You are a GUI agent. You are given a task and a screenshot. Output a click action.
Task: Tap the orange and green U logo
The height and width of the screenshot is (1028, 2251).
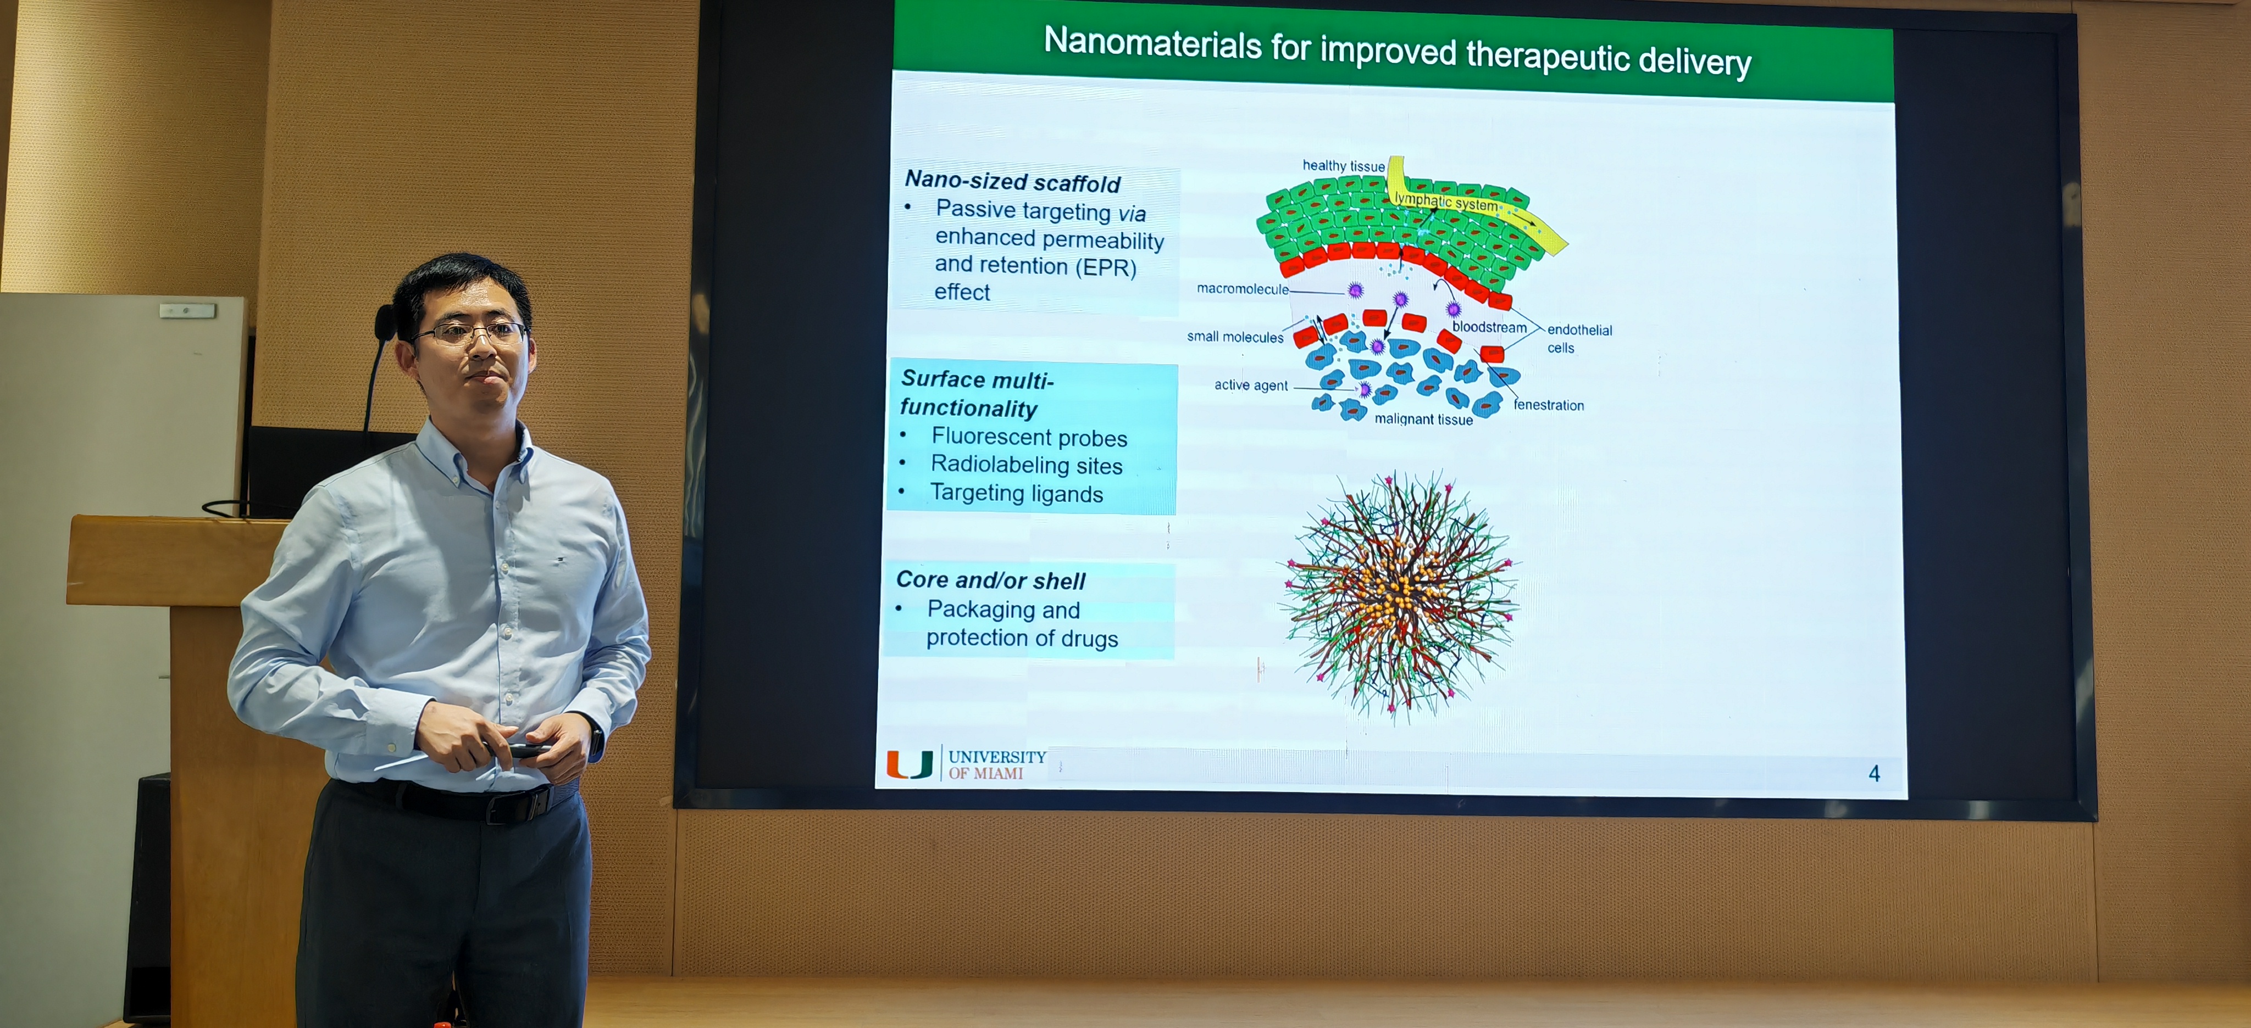coord(910,764)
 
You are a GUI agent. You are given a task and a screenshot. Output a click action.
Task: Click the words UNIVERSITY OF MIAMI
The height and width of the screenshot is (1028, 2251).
coord(997,765)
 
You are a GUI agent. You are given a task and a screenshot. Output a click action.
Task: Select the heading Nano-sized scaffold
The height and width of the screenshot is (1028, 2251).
coord(1012,182)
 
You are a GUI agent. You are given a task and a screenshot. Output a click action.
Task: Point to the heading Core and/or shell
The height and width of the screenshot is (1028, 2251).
coord(990,580)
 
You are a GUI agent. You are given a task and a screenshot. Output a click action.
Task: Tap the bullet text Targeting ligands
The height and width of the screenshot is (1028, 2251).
coord(1016,494)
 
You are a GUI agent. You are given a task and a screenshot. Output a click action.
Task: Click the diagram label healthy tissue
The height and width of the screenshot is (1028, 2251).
coord(1343,166)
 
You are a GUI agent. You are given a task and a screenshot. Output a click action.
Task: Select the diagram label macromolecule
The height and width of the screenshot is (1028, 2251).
coord(1241,289)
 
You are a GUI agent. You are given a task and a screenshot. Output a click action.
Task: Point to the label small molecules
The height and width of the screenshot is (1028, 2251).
coord(1235,337)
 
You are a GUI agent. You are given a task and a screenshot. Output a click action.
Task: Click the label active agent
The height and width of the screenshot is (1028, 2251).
coord(1250,385)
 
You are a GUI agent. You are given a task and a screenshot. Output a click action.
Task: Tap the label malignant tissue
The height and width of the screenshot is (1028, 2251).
coord(1423,419)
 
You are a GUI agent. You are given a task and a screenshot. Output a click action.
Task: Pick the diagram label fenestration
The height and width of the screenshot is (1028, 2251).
coord(1549,405)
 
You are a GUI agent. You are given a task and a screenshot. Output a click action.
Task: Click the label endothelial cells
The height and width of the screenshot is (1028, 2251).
coord(1579,338)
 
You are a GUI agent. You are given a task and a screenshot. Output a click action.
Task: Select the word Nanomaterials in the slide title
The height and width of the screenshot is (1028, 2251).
coord(1152,44)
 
